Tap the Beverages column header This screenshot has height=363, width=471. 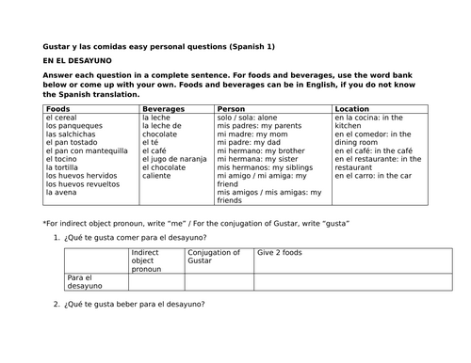tap(163, 109)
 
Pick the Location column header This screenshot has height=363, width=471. tap(352, 109)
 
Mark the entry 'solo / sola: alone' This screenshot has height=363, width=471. tap(253, 117)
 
